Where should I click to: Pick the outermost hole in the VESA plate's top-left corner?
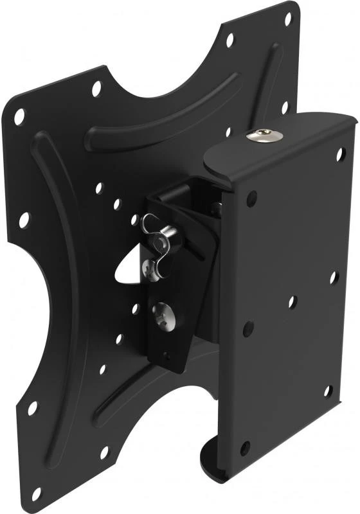[19, 116]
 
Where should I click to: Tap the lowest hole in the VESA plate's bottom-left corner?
[37, 493]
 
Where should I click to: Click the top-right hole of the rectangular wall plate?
[341, 154]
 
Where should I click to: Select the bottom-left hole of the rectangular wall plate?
[245, 448]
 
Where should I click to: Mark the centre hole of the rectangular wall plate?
[292, 301]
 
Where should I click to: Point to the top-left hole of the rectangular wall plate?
[251, 197]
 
